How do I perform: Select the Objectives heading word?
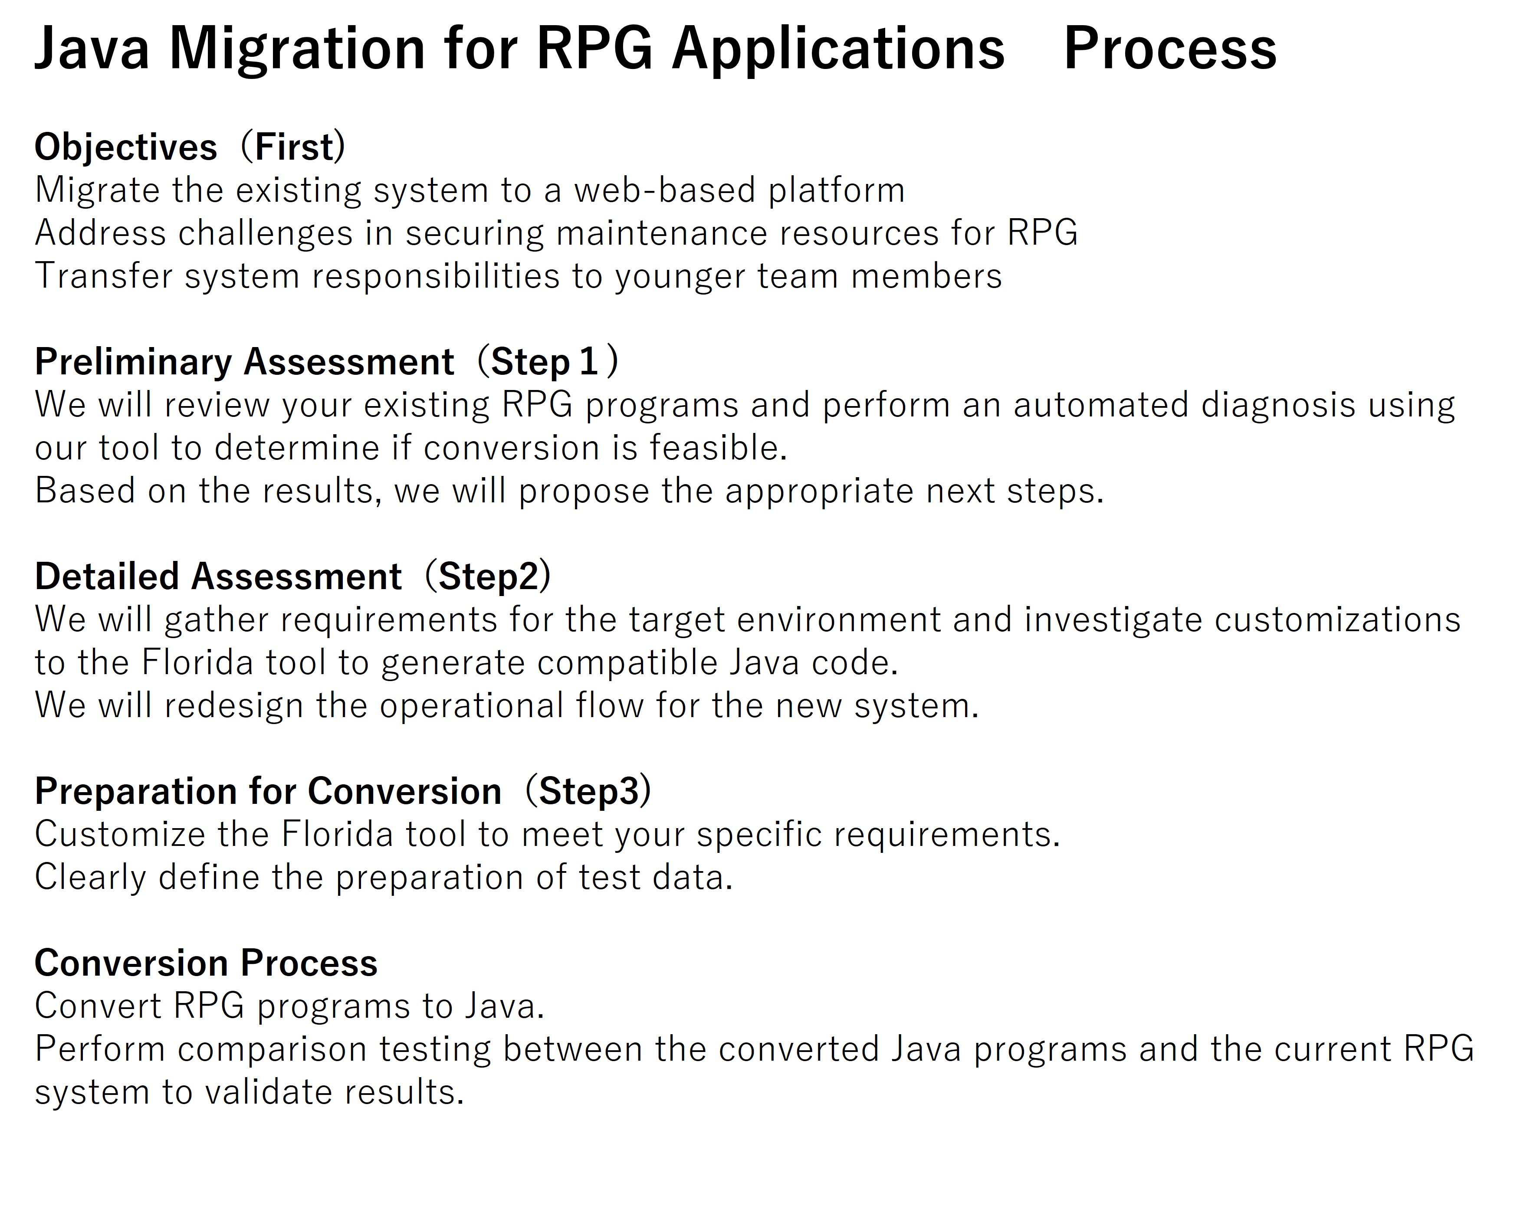pos(126,148)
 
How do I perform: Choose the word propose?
pos(583,492)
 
